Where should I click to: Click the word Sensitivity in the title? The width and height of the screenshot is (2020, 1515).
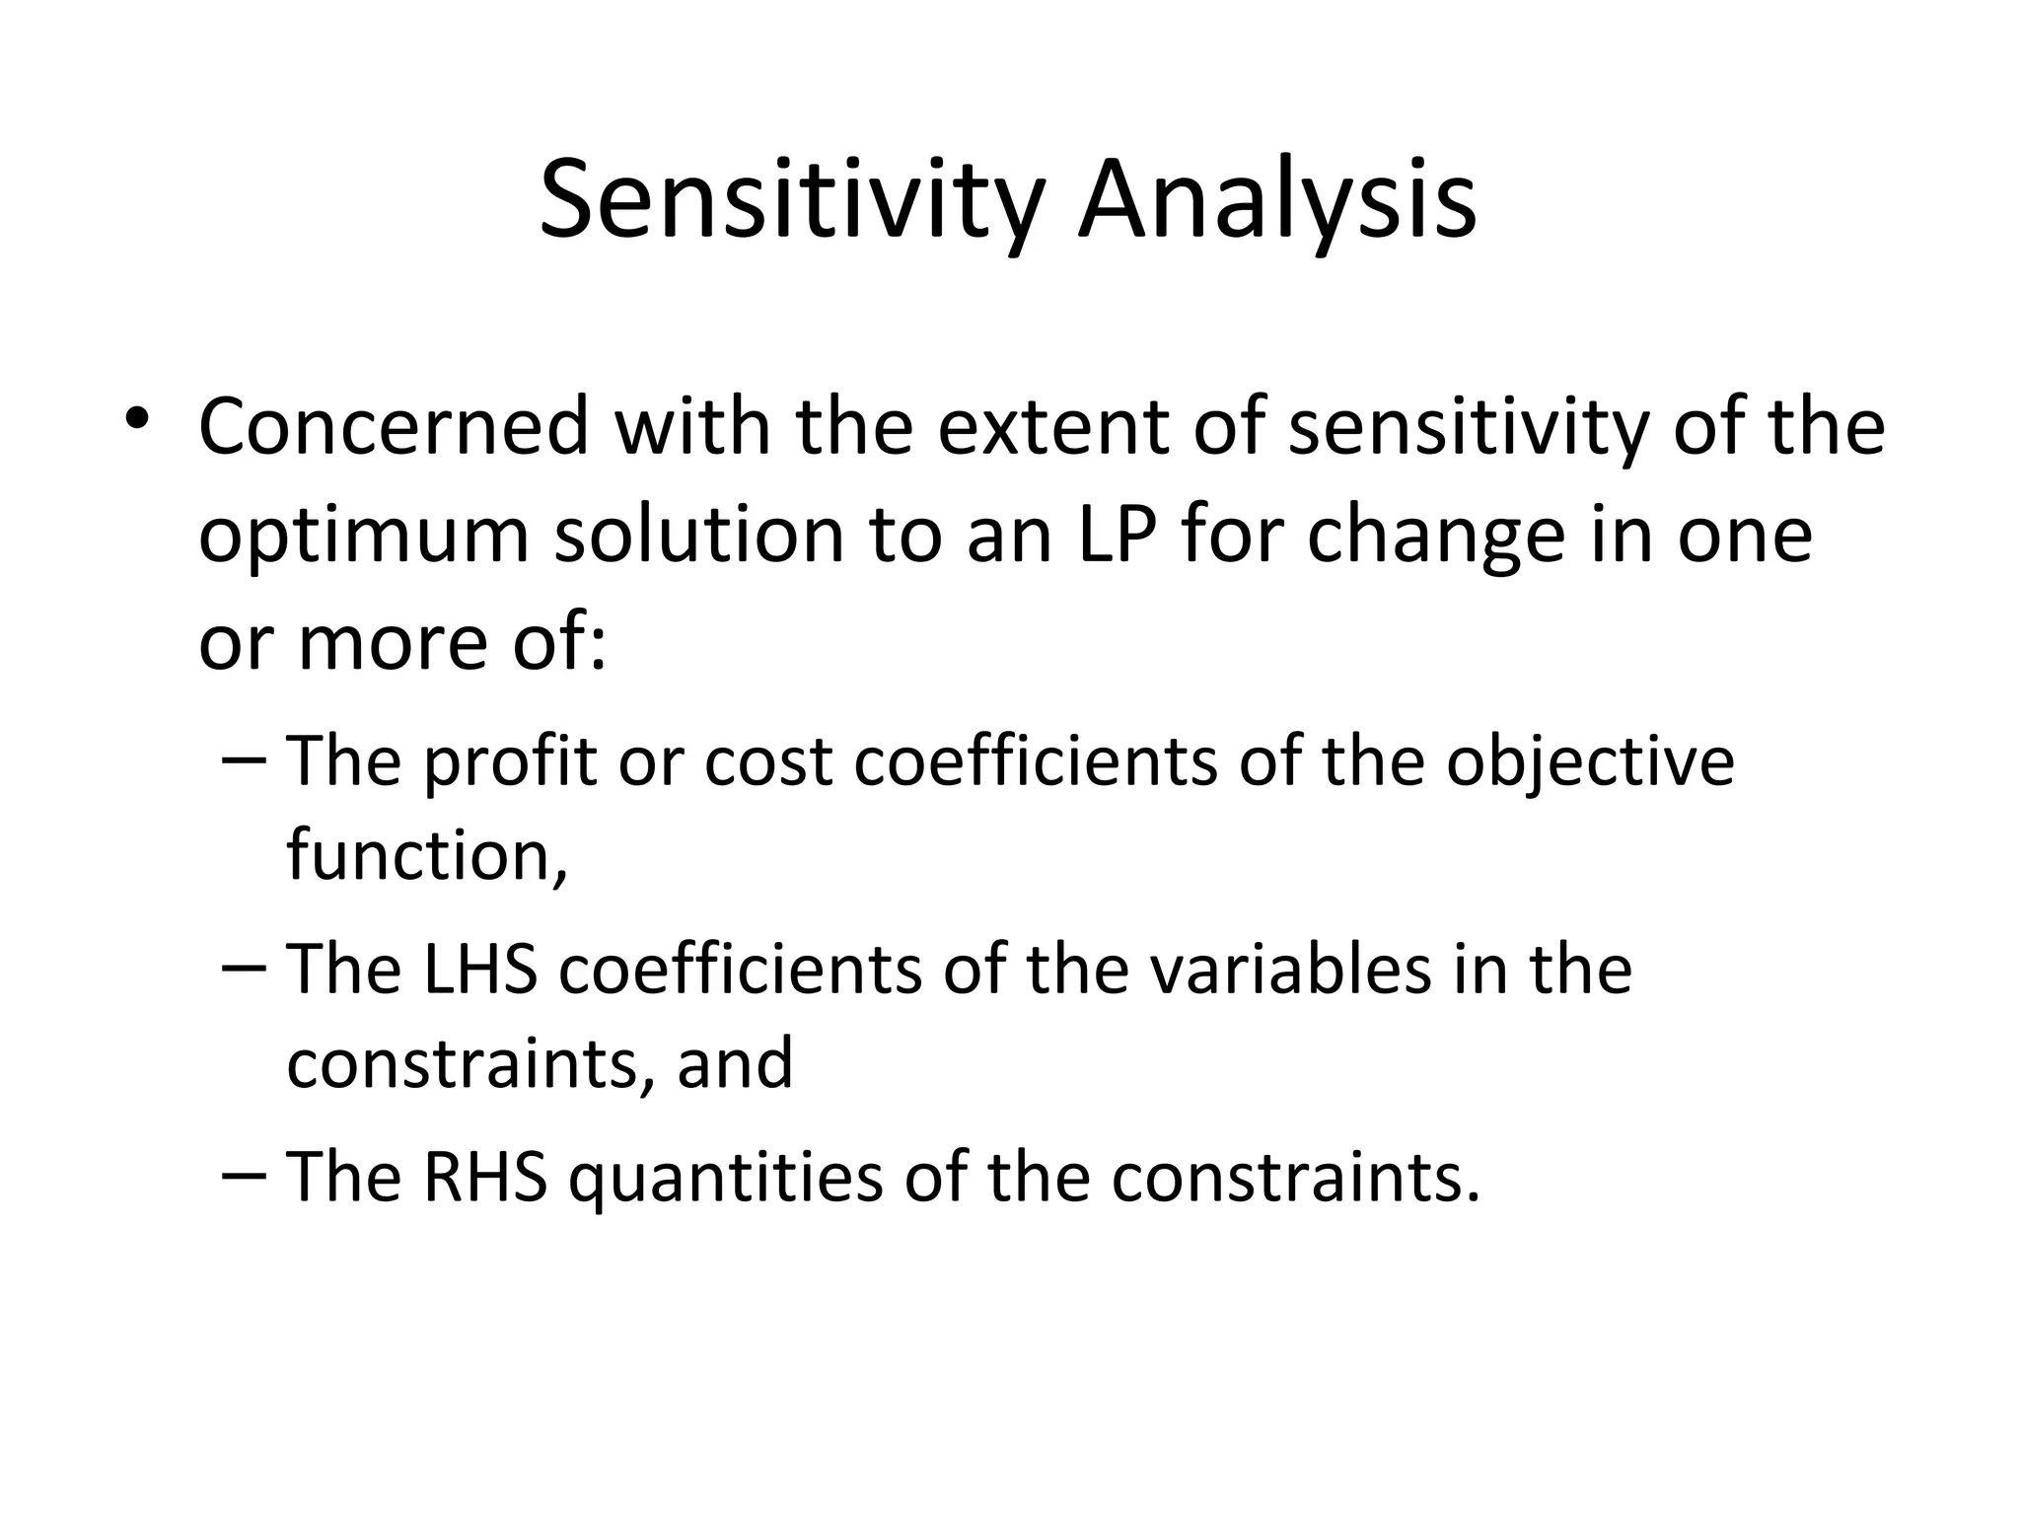790,202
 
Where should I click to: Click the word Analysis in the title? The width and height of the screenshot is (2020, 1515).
1276,202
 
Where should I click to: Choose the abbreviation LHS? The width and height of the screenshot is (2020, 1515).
480,970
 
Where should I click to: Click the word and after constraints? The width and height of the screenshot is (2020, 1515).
735,1062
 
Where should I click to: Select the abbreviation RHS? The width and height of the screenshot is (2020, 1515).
484,1178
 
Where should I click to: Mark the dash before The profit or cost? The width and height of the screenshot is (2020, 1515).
244,760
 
